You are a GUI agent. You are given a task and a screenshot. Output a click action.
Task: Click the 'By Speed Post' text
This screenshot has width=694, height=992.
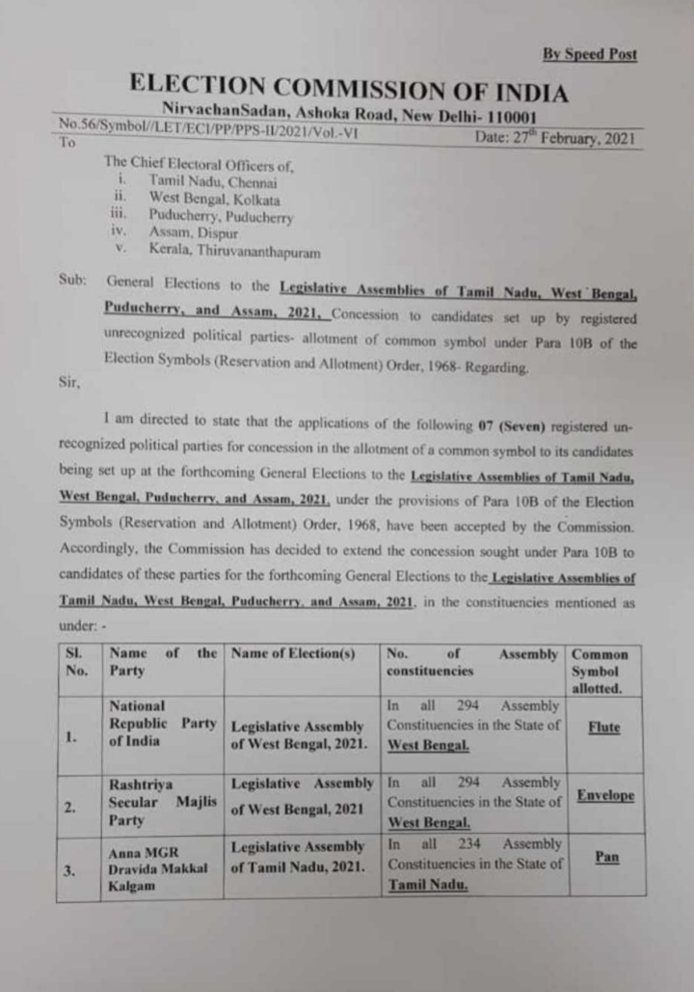point(589,55)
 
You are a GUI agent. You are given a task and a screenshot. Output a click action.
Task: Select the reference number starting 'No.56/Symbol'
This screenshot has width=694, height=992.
point(207,124)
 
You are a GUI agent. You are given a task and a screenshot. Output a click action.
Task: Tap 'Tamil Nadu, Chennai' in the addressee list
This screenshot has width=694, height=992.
point(213,181)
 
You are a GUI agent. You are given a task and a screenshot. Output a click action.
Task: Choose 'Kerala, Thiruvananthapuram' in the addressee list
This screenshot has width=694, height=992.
point(236,251)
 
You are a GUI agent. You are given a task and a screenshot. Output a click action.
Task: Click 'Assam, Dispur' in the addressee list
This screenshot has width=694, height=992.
point(193,234)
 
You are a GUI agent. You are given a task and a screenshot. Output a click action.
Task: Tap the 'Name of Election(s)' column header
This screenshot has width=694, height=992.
point(289,654)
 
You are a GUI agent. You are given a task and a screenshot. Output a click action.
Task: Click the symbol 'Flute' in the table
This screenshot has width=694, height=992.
point(604,728)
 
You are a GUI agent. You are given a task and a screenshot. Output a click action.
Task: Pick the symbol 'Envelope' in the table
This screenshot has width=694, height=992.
point(604,796)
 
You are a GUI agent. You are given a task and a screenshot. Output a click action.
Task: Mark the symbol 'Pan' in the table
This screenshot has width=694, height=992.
point(606,857)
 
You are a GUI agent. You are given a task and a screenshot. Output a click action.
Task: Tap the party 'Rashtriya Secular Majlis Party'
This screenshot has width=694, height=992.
point(161,801)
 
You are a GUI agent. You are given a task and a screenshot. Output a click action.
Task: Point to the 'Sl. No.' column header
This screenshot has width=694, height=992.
point(77,662)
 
